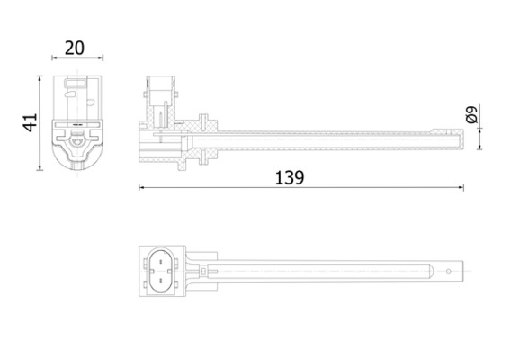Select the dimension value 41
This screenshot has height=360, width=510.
pos(30,123)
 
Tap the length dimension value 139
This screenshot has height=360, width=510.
pos(289,177)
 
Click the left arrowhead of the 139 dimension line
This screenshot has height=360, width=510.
pos(141,188)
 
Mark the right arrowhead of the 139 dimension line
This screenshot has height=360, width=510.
pos(461,188)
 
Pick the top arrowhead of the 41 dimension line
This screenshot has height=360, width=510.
pos(40,79)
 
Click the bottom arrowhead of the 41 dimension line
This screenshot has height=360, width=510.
pos(40,167)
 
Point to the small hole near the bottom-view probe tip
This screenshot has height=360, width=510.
pos(449,269)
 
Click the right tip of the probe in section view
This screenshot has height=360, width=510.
pos(460,138)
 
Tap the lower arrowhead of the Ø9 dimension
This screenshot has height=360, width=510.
pos(480,147)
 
